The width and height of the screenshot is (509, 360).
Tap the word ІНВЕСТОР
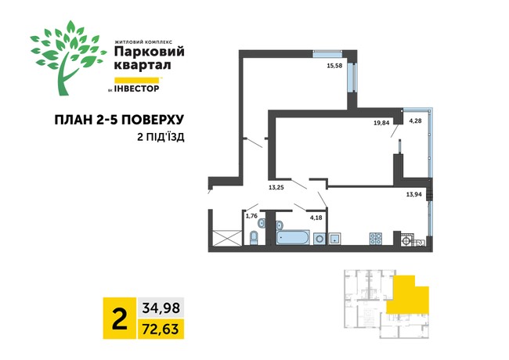tap(141, 88)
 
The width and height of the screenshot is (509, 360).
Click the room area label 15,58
tap(334, 66)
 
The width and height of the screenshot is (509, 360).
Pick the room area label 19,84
tap(382, 122)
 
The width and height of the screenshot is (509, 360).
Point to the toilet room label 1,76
tap(251, 216)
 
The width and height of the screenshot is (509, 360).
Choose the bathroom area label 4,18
tap(316, 217)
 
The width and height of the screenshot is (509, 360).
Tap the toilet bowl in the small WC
tap(254, 237)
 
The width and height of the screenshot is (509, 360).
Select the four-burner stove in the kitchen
tap(375, 238)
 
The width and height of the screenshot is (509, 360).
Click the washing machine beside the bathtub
tap(334, 237)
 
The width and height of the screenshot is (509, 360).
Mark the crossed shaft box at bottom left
tap(226, 238)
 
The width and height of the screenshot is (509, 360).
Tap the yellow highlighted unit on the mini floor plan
tap(413, 295)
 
